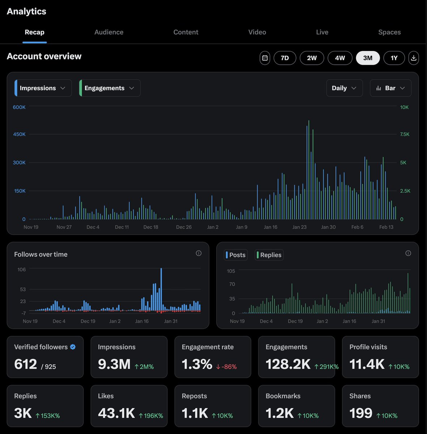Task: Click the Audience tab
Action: pos(109,32)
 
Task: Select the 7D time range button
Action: pos(285,58)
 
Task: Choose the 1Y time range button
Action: pos(394,58)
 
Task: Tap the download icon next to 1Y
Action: pos(414,58)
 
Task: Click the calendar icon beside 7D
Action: pos(265,58)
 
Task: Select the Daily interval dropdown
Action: pos(344,88)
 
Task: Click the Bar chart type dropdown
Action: pos(390,88)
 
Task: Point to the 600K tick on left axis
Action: pos(19,107)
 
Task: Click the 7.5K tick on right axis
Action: pos(405,134)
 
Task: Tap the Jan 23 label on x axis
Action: pos(299,227)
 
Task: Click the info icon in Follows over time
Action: pos(198,253)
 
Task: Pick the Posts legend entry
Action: pos(236,255)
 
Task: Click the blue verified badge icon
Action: pos(73,347)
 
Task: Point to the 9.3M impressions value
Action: pos(114,364)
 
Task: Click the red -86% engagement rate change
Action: pos(226,367)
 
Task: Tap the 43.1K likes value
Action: pos(116,413)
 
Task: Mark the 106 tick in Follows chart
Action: pos(21,269)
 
